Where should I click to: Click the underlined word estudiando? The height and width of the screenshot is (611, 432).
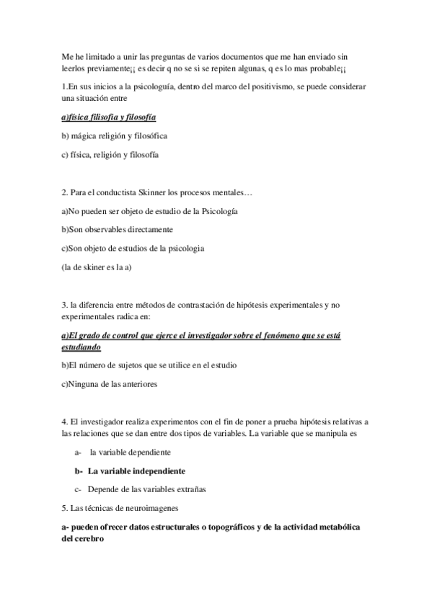(81, 347)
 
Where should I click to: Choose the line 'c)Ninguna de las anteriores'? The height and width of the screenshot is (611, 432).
(110, 384)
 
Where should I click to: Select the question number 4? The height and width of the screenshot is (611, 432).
(65, 421)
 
